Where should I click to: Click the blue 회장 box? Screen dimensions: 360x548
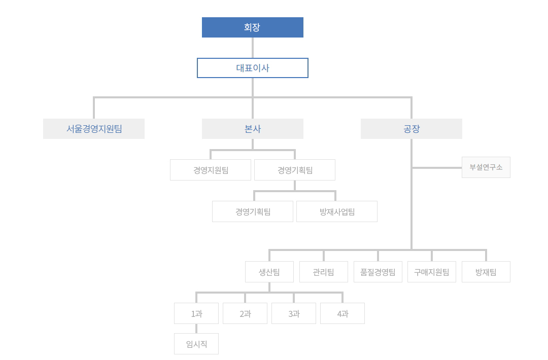tap(252, 27)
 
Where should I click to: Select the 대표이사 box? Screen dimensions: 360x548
tap(252, 68)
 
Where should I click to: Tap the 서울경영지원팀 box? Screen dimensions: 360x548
tap(94, 129)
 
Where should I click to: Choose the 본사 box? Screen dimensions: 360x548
tap(252, 129)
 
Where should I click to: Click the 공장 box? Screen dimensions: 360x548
tap(411, 129)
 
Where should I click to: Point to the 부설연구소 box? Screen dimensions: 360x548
tap(486, 167)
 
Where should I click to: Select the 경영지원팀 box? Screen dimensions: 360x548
tap(211, 170)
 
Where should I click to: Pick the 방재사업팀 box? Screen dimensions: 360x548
tap(337, 211)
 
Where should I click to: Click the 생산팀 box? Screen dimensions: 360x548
tap(269, 272)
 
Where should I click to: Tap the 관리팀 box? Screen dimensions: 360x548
tap(324, 272)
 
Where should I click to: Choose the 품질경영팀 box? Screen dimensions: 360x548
tap(378, 272)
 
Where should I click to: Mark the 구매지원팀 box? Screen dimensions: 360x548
tap(432, 272)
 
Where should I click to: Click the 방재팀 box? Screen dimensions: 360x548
tap(486, 272)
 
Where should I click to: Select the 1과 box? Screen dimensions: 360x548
tap(196, 313)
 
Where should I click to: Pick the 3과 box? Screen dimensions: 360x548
tap(294, 313)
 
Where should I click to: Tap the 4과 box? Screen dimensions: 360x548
tap(342, 313)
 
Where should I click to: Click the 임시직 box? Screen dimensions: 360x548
tap(196, 344)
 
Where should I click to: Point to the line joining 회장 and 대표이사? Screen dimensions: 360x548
tap(252, 48)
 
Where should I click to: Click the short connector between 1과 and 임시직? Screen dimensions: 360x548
tap(196, 329)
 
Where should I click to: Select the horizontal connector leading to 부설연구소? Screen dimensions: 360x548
tap(436, 167)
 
